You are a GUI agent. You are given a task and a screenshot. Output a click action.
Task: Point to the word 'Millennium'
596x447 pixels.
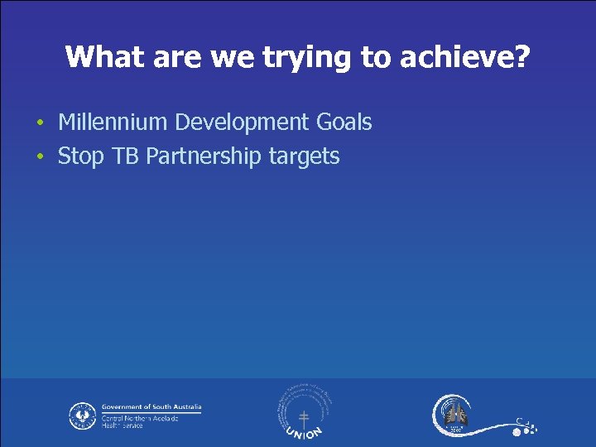coord(113,123)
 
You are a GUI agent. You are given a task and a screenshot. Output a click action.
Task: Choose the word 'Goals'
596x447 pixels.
coord(344,123)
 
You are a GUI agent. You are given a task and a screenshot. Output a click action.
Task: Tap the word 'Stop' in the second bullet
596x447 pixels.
coord(79,156)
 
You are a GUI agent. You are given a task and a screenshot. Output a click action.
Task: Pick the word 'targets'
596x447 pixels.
coord(305,156)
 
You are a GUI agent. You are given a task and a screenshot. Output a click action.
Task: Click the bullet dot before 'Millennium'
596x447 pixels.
coord(40,124)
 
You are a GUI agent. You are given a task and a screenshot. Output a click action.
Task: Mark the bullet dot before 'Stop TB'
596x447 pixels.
coord(40,158)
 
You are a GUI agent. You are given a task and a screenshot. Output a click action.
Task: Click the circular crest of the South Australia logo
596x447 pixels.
coord(82,415)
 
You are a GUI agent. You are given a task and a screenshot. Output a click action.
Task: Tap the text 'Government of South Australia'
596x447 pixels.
coord(151,407)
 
